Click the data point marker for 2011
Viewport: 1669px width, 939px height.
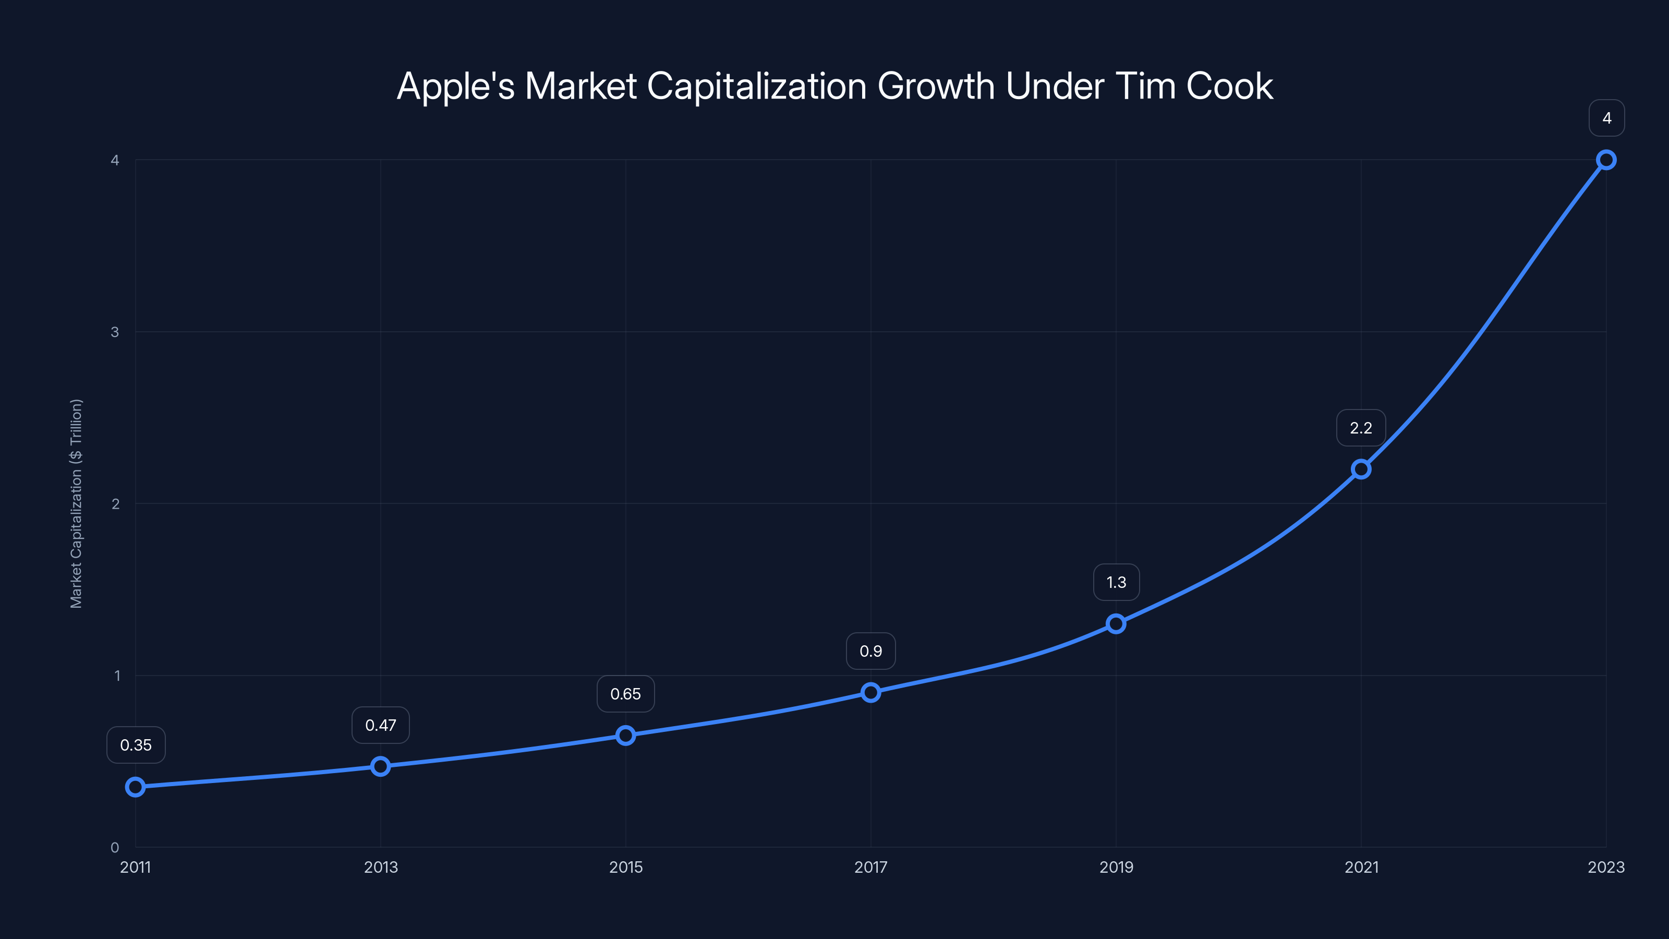[136, 787]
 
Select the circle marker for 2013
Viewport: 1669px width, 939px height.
[380, 766]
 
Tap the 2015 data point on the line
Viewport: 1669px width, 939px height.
[625, 735]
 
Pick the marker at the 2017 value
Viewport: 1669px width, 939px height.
[871, 692]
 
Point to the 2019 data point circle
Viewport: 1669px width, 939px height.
[1116, 623]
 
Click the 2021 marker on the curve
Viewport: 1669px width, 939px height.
[1361, 468]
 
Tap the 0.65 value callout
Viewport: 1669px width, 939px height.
[625, 694]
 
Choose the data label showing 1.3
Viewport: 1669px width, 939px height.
[1116, 583]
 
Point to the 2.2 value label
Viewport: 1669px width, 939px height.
[1361, 428]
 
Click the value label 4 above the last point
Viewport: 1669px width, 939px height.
[1606, 118]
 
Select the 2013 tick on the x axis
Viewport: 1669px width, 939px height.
[380, 867]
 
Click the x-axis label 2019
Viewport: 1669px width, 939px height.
[1116, 867]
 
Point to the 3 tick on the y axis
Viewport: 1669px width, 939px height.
[115, 332]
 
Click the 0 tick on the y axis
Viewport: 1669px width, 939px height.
[115, 847]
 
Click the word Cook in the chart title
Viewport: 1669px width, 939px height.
[1229, 86]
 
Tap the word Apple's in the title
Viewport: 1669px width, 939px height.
[455, 86]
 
